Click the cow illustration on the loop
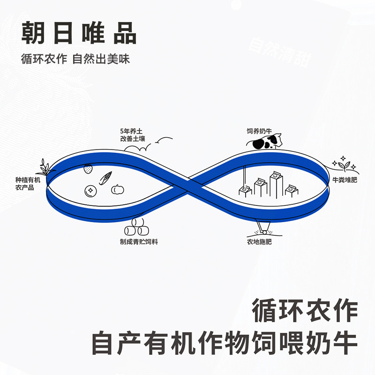268,141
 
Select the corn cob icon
106,178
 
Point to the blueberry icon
90,191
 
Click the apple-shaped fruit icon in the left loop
117,189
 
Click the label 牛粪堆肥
345,180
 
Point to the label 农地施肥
260,242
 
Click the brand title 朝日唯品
79,34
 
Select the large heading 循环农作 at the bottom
305,311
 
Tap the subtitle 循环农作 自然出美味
75,60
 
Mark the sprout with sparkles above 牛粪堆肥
346,164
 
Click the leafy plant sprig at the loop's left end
45,166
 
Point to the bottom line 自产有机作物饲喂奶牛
225,344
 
